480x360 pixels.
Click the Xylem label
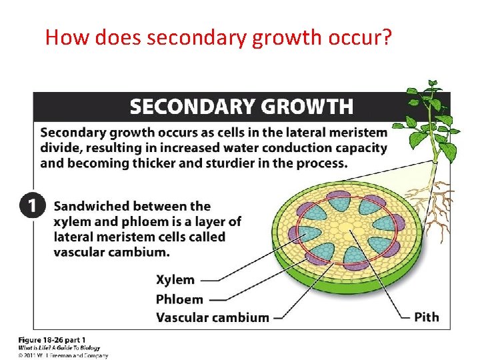(x=175, y=280)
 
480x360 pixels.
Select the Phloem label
(x=179, y=299)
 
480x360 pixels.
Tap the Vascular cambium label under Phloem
(x=213, y=317)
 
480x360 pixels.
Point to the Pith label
(x=427, y=317)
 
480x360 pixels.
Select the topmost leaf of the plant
(x=433, y=85)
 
